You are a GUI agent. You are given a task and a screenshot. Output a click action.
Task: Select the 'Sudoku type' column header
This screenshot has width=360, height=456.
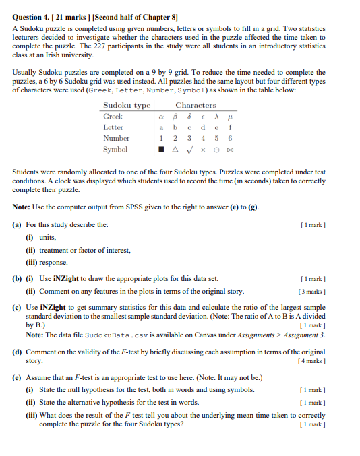126,105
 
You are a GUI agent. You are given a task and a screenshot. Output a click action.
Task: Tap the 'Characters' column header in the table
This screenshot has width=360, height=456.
196,105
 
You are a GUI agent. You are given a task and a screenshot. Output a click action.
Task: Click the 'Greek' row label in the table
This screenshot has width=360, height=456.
113,116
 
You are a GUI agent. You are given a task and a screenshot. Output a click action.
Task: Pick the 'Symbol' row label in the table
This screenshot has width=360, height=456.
115,149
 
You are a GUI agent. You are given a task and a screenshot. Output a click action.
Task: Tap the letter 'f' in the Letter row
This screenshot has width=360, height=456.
230,127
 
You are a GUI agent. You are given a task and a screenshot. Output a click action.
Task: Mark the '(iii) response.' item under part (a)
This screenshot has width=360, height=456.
48,262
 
